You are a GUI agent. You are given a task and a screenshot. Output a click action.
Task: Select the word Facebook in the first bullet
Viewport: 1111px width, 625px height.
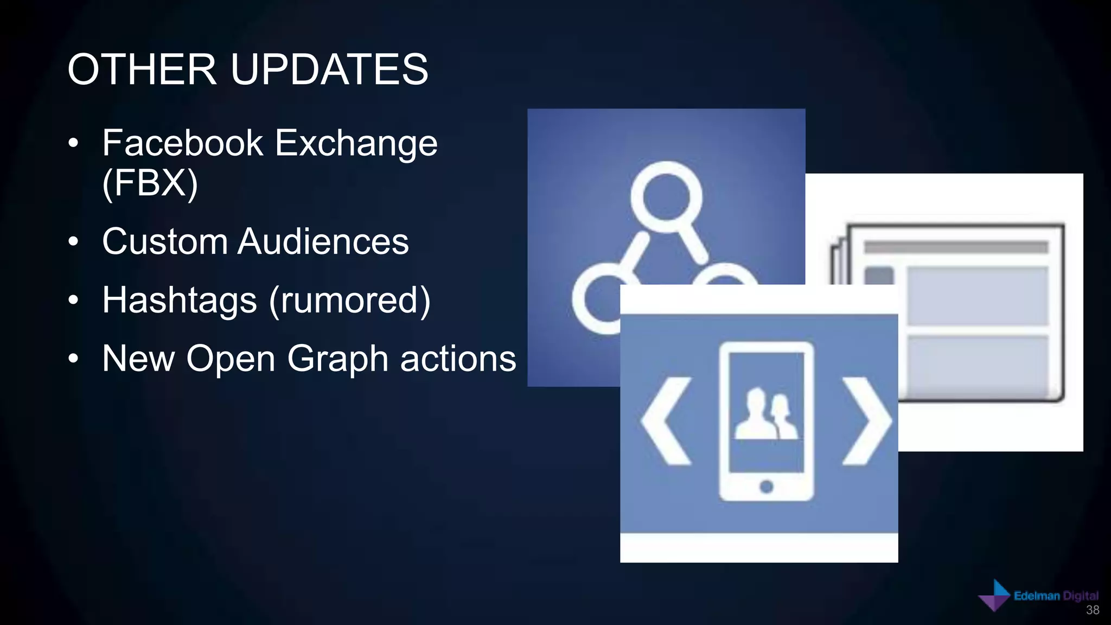[183, 143]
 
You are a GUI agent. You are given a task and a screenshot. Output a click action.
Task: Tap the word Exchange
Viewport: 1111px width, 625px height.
[356, 143]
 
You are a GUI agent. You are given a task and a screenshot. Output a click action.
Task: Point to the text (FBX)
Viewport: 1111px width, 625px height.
[150, 183]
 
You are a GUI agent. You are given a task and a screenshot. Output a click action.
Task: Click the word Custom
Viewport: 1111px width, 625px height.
[164, 241]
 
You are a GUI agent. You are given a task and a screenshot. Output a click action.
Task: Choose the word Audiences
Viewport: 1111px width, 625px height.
[323, 241]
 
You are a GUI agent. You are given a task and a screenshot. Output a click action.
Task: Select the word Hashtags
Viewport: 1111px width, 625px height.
[180, 300]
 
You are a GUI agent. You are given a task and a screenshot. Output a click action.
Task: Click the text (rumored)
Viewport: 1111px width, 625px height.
[350, 300]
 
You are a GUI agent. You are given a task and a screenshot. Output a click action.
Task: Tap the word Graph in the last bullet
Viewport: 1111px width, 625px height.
[337, 359]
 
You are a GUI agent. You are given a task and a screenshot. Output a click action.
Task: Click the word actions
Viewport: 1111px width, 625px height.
[458, 359]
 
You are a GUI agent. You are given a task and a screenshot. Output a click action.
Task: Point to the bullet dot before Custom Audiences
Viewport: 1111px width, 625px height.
[74, 242]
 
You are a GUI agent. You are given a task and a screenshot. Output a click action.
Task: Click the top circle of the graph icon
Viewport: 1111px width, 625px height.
[666, 196]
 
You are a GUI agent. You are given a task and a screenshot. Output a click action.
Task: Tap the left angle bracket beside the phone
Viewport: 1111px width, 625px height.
[666, 421]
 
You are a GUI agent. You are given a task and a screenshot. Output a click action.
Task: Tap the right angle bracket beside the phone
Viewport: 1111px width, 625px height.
[866, 421]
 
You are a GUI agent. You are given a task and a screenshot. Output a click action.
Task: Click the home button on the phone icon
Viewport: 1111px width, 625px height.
[766, 486]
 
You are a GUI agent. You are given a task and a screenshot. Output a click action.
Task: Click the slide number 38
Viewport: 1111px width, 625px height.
[1093, 610]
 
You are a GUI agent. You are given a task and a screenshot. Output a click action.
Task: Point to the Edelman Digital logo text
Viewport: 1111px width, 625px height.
[1056, 596]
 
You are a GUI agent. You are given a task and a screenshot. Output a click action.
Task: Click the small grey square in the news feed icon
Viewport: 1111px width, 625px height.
[879, 276]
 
